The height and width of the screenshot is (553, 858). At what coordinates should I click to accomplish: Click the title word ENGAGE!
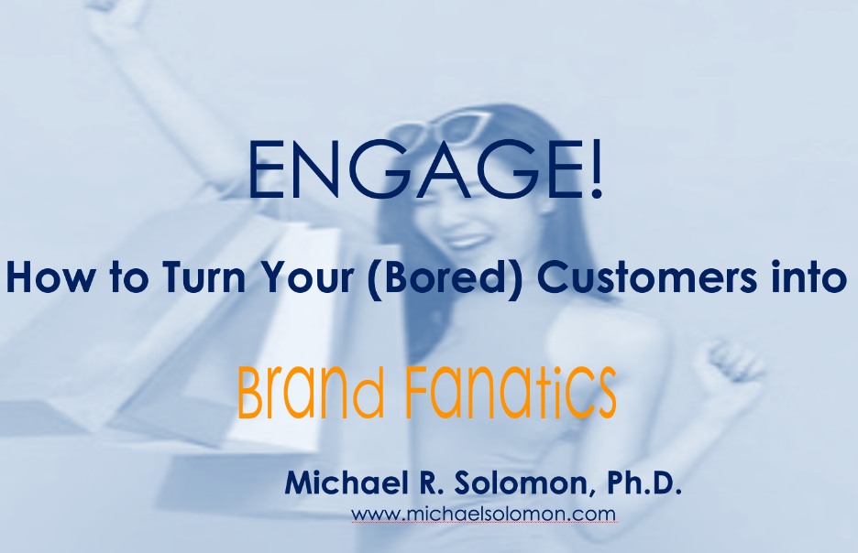pos(425,168)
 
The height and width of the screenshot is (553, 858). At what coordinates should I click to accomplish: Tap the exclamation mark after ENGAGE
pos(596,168)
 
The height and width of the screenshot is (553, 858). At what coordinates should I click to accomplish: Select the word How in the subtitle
pos(50,277)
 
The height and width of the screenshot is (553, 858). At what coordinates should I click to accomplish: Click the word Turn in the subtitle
pos(203,277)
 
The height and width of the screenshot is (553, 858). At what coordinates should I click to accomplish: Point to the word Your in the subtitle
pos(306,277)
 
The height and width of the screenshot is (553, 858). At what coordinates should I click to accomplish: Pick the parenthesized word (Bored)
pos(445,278)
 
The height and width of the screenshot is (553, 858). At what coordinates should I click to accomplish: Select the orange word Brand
pos(311,392)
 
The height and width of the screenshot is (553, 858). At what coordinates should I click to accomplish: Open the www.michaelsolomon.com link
pos(484,514)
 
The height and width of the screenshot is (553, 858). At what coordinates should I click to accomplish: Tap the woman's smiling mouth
pos(465,241)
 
